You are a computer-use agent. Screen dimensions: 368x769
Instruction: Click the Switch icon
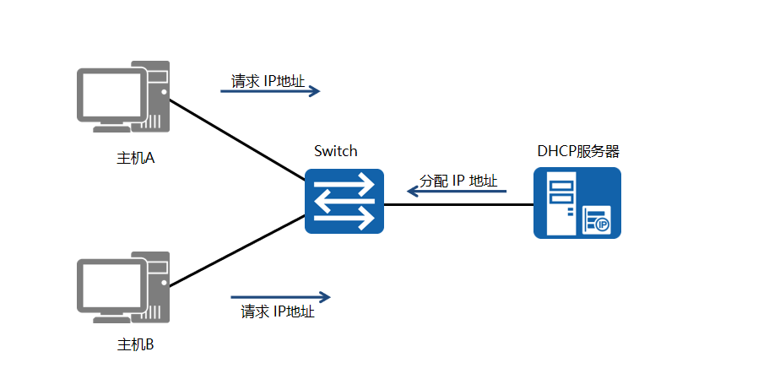point(344,202)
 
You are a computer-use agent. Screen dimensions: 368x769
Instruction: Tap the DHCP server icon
point(577,203)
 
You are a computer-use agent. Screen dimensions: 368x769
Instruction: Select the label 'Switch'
point(335,151)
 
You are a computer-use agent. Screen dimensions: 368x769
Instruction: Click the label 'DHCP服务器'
point(578,151)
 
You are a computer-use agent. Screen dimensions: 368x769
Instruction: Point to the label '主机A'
point(135,158)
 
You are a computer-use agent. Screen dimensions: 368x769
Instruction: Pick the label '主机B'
point(135,344)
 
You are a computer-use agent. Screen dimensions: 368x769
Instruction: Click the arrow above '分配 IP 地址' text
point(457,192)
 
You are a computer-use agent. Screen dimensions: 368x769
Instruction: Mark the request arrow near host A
point(270,91)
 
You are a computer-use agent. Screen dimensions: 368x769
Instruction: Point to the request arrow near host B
point(280,297)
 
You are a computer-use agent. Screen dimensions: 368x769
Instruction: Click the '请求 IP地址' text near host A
point(268,81)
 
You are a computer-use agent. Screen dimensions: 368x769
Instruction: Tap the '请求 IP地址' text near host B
point(278,311)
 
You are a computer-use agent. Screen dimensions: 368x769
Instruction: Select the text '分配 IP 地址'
point(458,181)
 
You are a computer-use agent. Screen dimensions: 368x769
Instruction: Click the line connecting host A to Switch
point(236,138)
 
